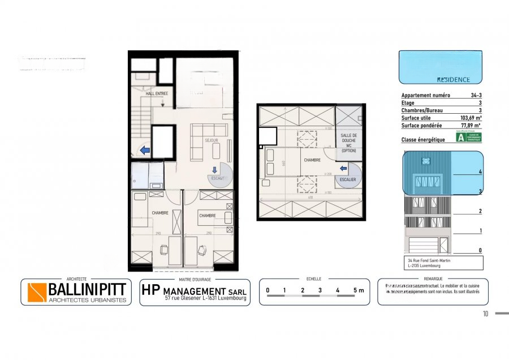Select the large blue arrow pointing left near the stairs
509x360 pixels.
pos(145,151)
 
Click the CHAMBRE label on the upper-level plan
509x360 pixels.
pos(312,160)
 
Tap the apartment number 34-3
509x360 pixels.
pos(475,96)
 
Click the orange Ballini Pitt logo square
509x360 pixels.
pos(37,292)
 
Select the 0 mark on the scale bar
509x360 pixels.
pos(268,290)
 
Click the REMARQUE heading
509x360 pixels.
pos(433,279)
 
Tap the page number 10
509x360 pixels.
pos(485,314)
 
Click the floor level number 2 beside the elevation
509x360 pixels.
pos(480,211)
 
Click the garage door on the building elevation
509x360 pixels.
pos(424,246)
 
